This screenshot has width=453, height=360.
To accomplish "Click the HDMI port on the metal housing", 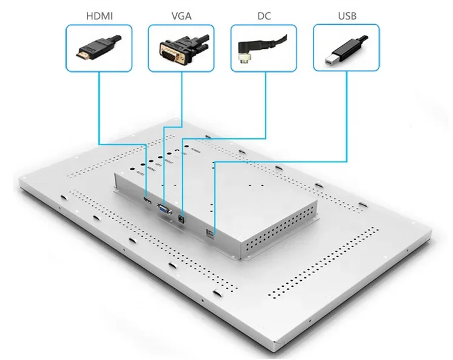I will (147, 199).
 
